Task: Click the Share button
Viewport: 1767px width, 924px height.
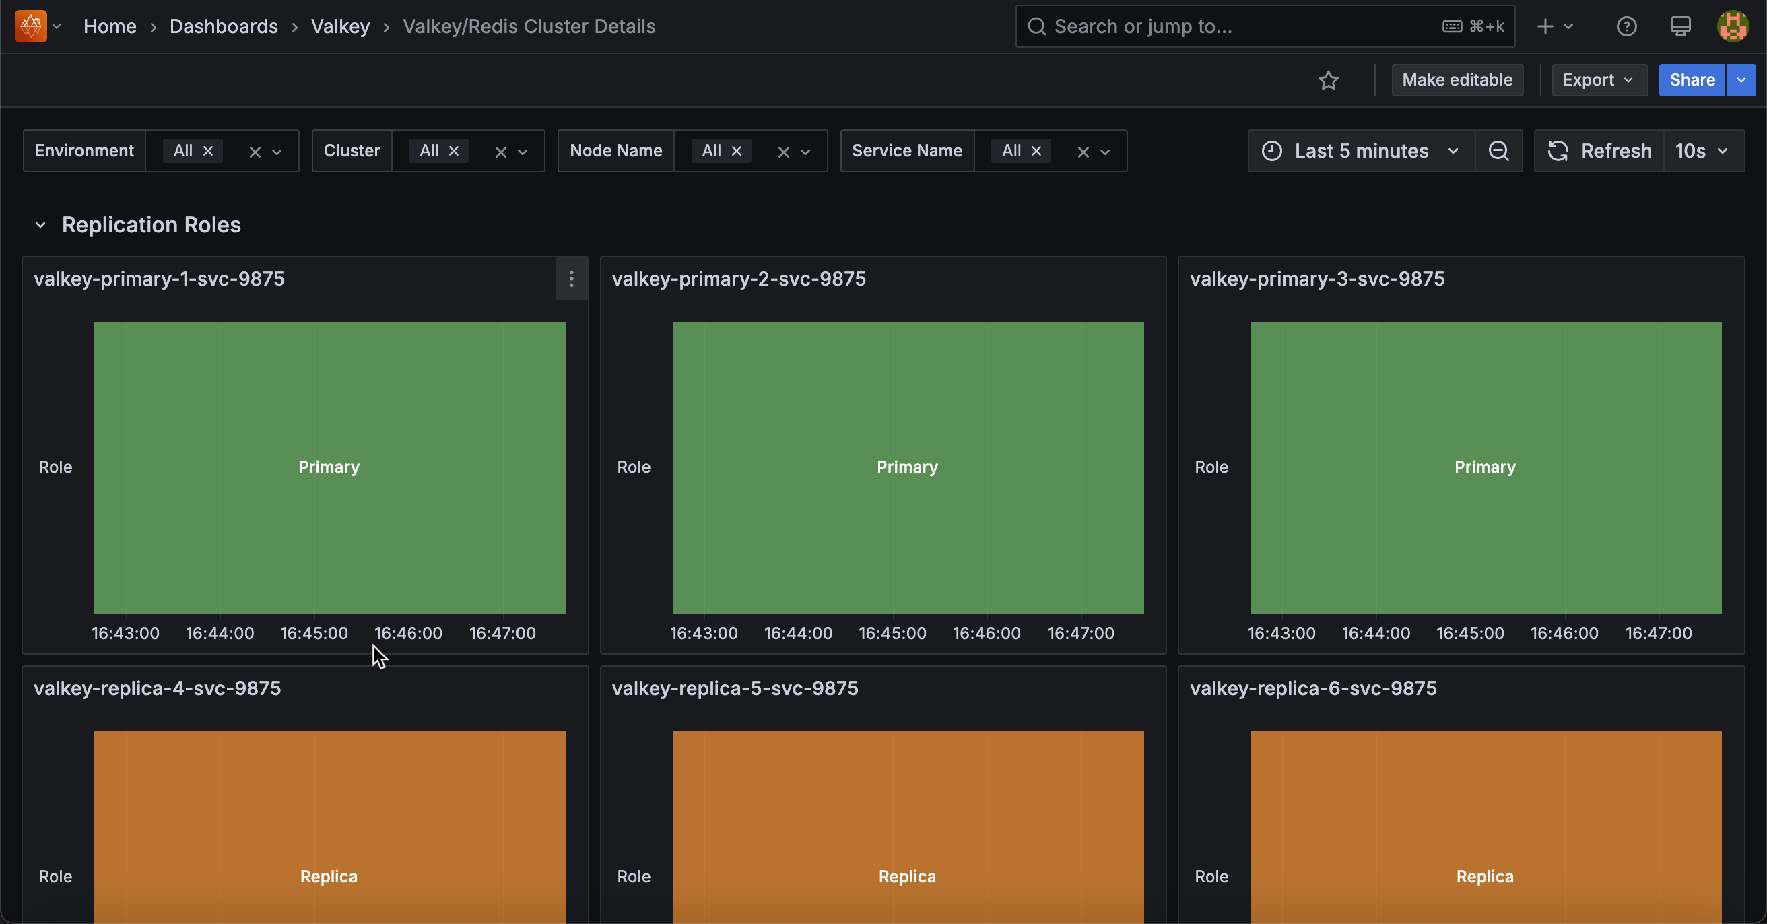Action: pyautogui.click(x=1691, y=80)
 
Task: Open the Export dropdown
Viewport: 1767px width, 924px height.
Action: pyautogui.click(x=1597, y=80)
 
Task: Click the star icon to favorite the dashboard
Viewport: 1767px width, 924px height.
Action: pyautogui.click(x=1328, y=80)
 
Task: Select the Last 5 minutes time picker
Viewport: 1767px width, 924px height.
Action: pyautogui.click(x=1361, y=151)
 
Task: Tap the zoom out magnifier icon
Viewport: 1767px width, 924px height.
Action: pyautogui.click(x=1498, y=151)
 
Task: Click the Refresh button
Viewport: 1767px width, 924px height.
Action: pyautogui.click(x=1599, y=151)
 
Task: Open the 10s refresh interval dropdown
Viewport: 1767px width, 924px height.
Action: pyautogui.click(x=1702, y=151)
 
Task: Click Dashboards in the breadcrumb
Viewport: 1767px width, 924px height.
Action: pyautogui.click(x=224, y=27)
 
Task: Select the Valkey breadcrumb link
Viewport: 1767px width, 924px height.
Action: pyautogui.click(x=340, y=27)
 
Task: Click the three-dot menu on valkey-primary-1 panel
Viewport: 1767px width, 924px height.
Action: pyautogui.click(x=572, y=279)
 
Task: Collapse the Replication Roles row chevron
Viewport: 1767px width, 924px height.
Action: pyautogui.click(x=40, y=225)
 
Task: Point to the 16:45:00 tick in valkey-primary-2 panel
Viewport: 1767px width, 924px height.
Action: pyautogui.click(x=892, y=633)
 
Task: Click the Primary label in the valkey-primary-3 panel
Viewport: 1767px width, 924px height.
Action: pyautogui.click(x=1484, y=467)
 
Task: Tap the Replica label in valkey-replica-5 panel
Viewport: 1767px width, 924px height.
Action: pyautogui.click(x=907, y=876)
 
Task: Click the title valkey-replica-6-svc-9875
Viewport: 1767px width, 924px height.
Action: pyautogui.click(x=1313, y=688)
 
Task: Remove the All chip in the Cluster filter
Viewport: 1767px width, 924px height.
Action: pyautogui.click(x=453, y=151)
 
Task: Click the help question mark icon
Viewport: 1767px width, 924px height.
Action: pyautogui.click(x=1626, y=27)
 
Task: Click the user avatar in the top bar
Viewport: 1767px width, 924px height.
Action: pyautogui.click(x=1732, y=27)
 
